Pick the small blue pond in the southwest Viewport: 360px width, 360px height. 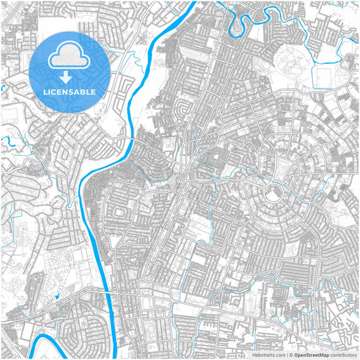[57, 296]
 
